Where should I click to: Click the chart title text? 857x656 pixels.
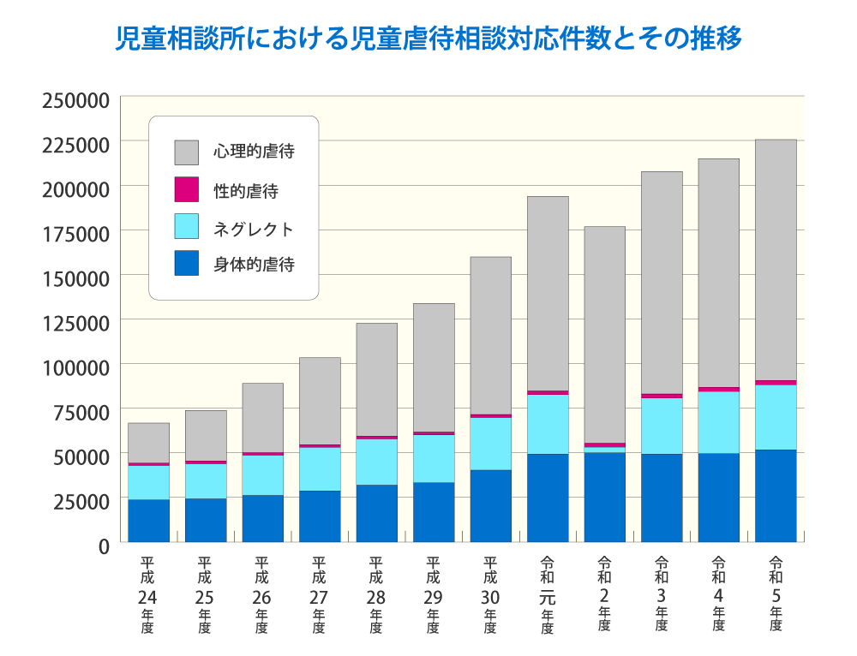click(428, 39)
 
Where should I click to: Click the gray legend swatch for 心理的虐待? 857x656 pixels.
click(186, 152)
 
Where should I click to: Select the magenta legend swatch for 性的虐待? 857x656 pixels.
click(186, 190)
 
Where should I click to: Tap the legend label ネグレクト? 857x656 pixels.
click(254, 229)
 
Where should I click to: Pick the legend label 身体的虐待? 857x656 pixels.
click(254, 265)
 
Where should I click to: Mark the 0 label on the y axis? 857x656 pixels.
click(103, 545)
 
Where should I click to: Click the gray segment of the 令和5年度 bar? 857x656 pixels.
click(776, 257)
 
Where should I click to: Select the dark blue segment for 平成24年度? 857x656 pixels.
click(148, 521)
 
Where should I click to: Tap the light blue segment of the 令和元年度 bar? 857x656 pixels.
click(548, 424)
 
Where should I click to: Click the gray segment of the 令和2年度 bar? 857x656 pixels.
click(604, 334)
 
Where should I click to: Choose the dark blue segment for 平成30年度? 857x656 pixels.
click(490, 505)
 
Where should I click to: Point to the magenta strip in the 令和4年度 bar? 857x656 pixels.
click(718, 389)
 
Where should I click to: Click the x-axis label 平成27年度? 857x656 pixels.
click(319, 594)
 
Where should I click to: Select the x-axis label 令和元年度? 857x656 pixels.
click(548, 594)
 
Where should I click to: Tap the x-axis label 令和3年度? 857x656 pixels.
click(662, 594)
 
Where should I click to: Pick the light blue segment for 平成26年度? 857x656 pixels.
click(262, 474)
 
